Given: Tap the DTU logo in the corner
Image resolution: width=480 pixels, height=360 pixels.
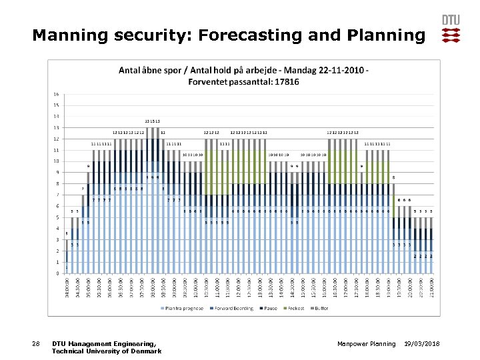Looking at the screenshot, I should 451,29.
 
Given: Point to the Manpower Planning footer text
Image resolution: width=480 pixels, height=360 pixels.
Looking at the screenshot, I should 366,344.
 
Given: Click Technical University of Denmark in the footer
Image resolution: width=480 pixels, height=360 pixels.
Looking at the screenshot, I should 106,351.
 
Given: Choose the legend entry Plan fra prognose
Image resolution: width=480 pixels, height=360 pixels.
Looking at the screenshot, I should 182,308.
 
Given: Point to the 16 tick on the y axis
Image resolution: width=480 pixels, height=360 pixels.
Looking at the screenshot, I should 57,94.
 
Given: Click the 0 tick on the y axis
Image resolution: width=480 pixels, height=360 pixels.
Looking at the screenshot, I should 57,273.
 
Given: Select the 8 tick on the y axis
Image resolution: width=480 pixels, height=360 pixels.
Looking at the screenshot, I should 57,183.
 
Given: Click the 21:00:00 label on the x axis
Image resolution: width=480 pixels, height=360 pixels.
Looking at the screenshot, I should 431,288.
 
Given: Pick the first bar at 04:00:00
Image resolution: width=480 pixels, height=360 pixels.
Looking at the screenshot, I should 67,267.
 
